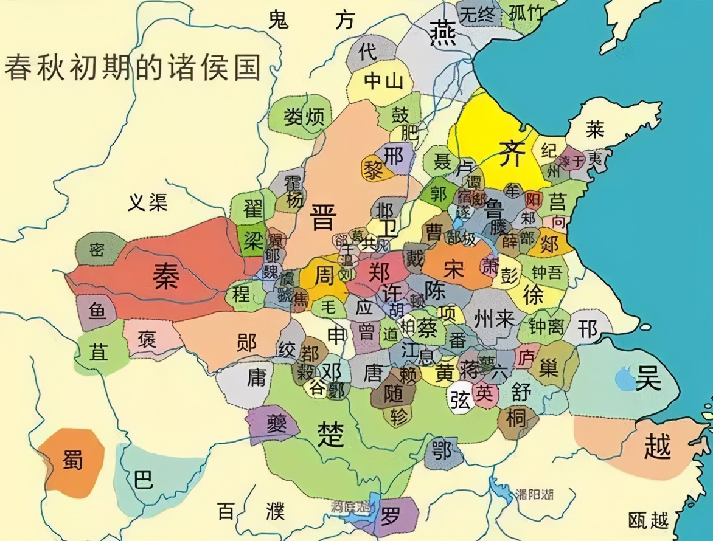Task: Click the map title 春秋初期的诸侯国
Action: coord(133,67)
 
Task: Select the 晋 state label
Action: coord(323,216)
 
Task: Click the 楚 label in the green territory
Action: coord(331,434)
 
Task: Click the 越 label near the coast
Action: coord(657,447)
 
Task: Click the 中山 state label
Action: coord(383,81)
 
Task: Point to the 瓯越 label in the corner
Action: coord(649,520)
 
